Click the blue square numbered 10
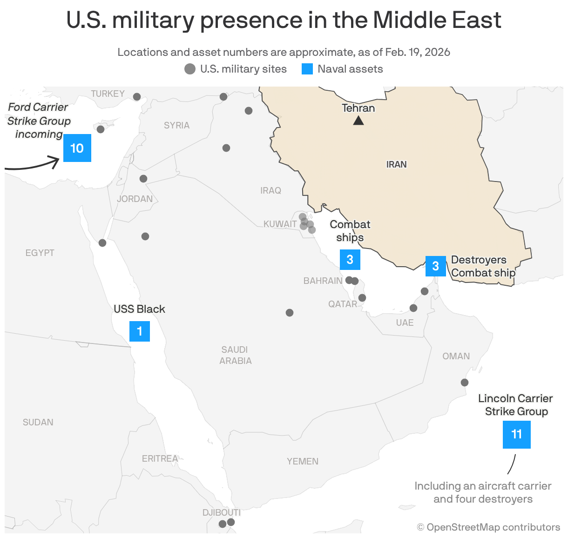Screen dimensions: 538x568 click(77, 148)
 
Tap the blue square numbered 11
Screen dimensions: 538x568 click(516, 434)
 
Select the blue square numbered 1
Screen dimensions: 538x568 click(139, 331)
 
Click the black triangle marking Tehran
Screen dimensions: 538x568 click(358, 121)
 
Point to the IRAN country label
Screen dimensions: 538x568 click(396, 164)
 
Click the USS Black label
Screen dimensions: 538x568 click(139, 309)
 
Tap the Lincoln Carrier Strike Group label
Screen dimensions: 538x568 click(515, 405)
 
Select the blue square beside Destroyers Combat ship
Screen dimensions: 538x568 click(435, 266)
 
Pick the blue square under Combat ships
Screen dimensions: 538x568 click(350, 260)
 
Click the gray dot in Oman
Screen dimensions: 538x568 click(464, 383)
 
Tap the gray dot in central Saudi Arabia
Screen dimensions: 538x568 click(290, 313)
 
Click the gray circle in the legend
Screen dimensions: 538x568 click(190, 69)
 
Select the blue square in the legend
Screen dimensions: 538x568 click(307, 69)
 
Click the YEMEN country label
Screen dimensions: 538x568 click(303, 461)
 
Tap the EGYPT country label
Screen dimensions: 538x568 click(40, 253)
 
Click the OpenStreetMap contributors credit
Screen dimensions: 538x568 click(488, 527)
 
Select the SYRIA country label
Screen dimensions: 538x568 click(176, 125)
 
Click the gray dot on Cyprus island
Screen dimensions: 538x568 click(101, 129)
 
